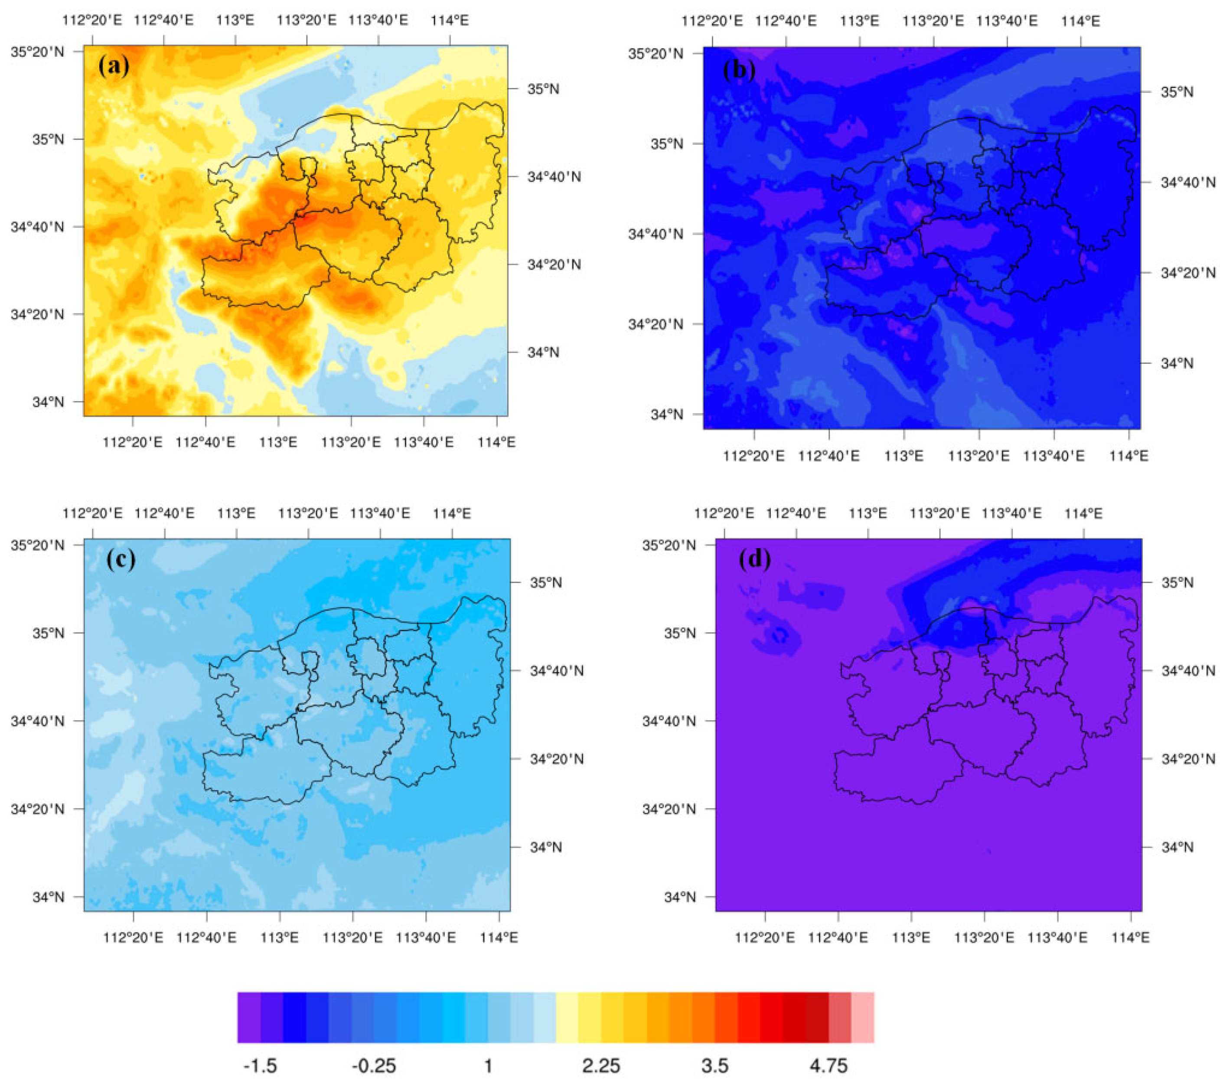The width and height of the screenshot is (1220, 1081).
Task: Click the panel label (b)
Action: coord(739,70)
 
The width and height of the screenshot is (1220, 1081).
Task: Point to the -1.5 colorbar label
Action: coord(260,1065)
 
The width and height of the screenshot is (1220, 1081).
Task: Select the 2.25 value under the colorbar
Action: coord(601,1065)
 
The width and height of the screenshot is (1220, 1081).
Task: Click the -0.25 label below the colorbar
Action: coord(374,1065)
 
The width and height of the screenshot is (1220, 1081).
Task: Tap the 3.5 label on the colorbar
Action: coord(715,1065)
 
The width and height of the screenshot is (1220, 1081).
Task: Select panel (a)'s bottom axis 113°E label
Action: coord(279,442)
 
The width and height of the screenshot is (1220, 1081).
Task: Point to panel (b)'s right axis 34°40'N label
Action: coord(1188,182)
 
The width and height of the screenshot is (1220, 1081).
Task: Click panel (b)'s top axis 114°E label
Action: coord(1080,21)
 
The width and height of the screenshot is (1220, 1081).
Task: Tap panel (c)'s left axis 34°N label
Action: coord(48,897)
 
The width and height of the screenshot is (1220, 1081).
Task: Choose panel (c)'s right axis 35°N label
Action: coord(545,582)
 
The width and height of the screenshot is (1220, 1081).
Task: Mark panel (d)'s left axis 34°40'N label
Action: coord(669,721)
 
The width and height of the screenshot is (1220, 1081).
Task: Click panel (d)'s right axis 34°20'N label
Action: coord(1188,759)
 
